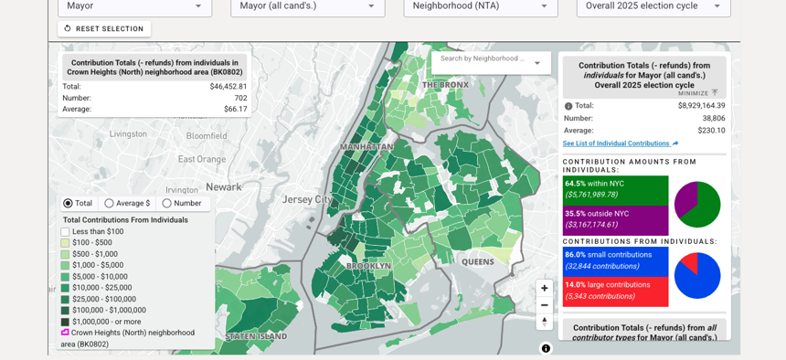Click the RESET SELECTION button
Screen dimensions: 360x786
[x=104, y=29]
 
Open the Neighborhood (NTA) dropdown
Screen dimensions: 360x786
[x=481, y=6]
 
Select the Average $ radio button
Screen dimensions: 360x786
[x=110, y=204]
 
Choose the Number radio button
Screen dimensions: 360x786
[x=166, y=204]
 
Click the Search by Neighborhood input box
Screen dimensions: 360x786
[x=483, y=59]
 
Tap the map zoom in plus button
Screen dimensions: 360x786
[x=545, y=288]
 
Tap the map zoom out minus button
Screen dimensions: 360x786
[x=545, y=305]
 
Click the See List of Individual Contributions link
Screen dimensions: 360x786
[x=617, y=143]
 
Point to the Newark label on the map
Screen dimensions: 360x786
[x=224, y=187]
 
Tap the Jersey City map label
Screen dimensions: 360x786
[x=308, y=199]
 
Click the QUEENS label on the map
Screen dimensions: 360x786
[x=477, y=262]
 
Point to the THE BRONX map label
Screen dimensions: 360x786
[x=445, y=85]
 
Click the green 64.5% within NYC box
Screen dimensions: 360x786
[x=615, y=190]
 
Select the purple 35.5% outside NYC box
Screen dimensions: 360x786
[x=615, y=220]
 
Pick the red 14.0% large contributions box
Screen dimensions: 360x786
[x=615, y=291]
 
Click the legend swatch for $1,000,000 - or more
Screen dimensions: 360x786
[x=66, y=322]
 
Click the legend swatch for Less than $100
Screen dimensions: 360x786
[x=66, y=232]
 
